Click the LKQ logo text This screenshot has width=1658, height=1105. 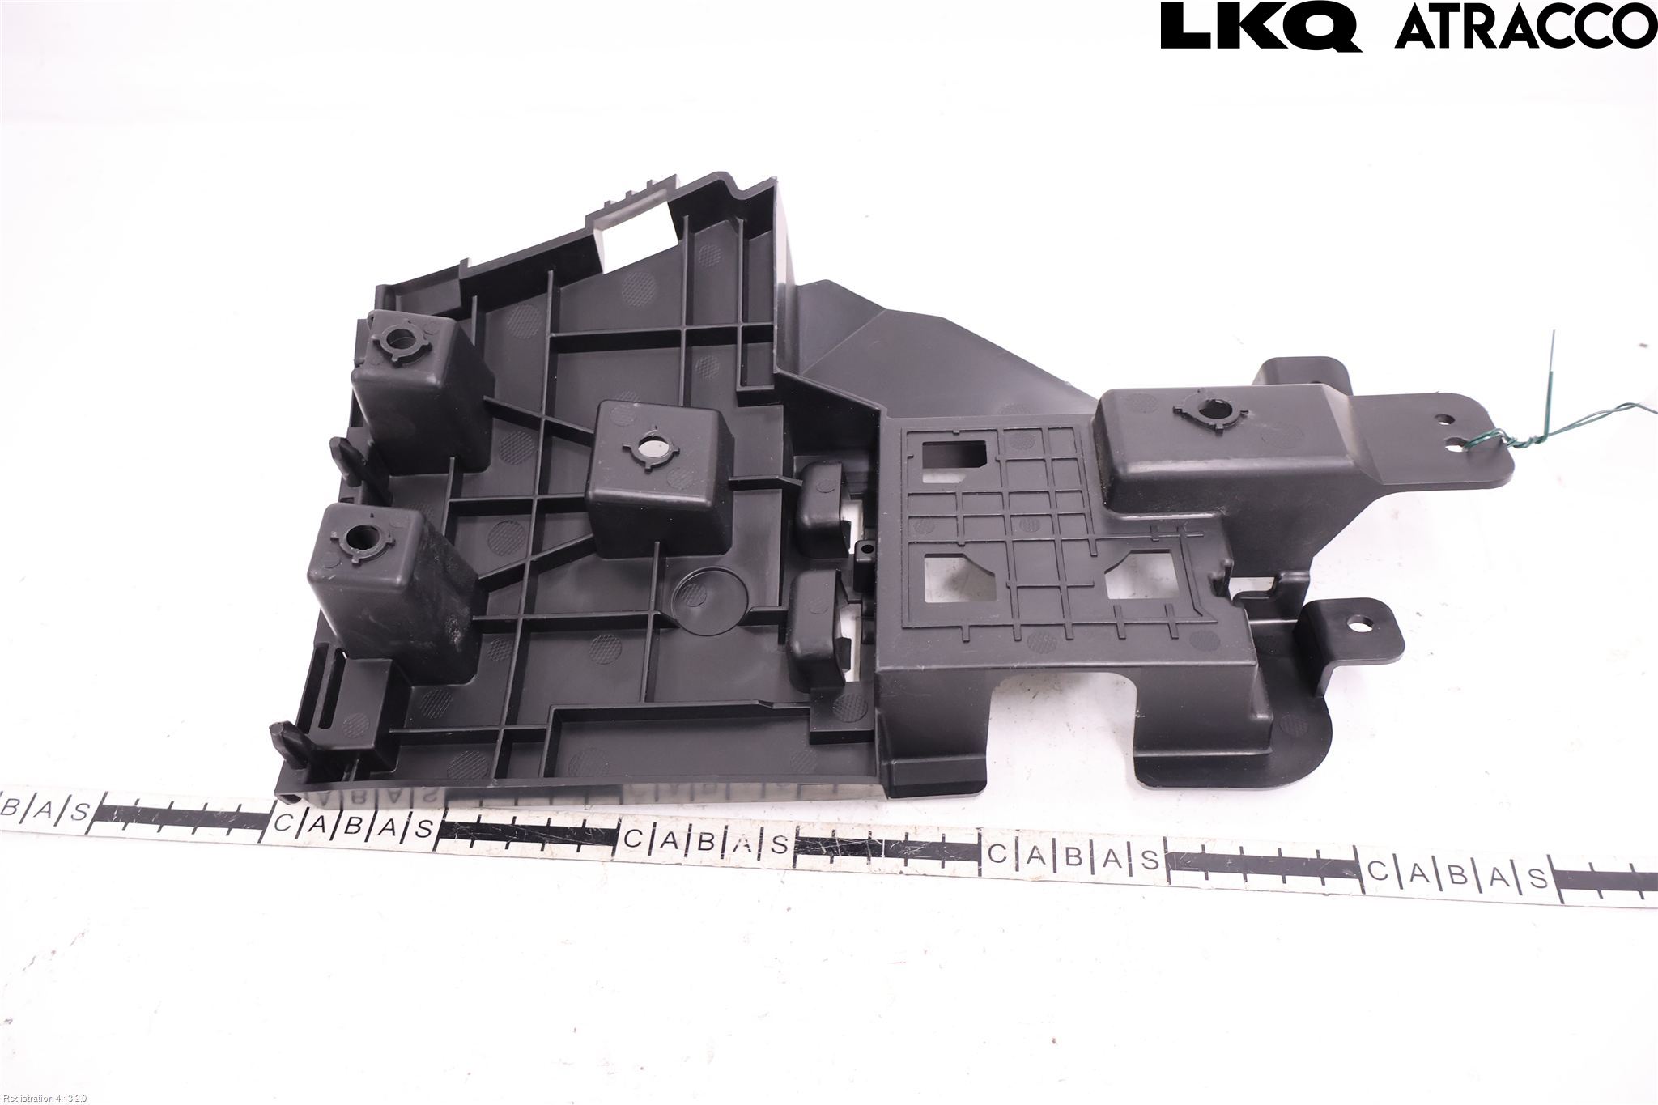[1261, 27]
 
